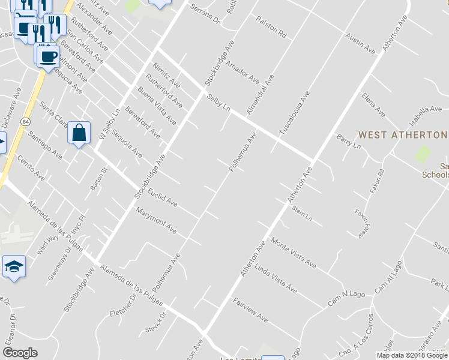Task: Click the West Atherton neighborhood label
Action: [x=402, y=135]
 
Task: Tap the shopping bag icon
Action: [x=79, y=133]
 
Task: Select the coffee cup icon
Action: [x=49, y=57]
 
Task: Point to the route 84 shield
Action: [x=24, y=122]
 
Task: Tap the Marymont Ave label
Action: [x=156, y=220]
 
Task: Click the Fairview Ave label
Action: [x=250, y=310]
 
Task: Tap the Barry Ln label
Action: [x=348, y=142]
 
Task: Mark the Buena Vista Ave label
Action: [x=157, y=106]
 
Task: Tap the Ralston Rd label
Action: [x=271, y=27]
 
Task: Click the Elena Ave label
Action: [x=373, y=104]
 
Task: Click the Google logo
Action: [x=20, y=353]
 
